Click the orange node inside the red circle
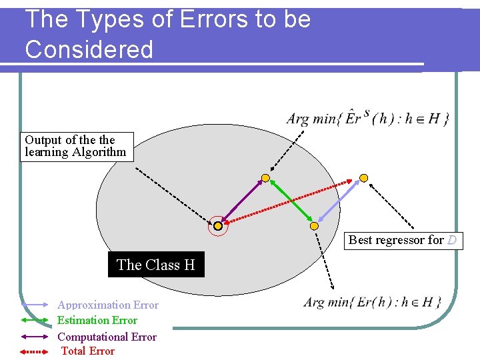[x=218, y=226]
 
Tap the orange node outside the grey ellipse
[x=363, y=178]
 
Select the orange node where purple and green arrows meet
[x=265, y=178]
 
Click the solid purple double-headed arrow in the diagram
[x=242, y=201]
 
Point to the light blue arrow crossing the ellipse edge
[x=339, y=201]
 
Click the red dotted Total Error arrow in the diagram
[x=287, y=203]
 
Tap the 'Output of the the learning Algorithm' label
[x=75, y=146]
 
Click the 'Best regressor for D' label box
[x=403, y=240]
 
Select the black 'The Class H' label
[x=155, y=265]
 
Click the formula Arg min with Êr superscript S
[x=367, y=119]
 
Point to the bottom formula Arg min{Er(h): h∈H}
[x=372, y=302]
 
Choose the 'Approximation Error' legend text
[x=108, y=305]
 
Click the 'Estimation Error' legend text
[x=97, y=320]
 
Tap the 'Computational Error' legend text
[x=107, y=337]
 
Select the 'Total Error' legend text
[x=88, y=351]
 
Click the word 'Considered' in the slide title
[x=89, y=49]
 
